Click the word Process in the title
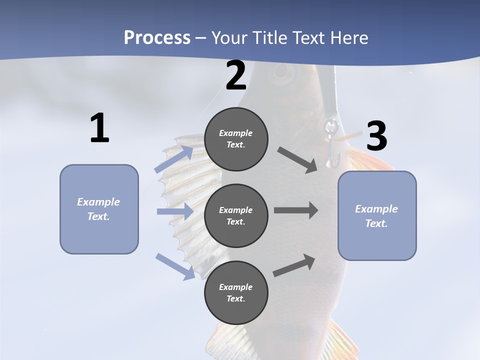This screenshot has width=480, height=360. coord(157,38)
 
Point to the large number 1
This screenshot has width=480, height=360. coord(100,127)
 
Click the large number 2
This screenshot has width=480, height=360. coord(236,75)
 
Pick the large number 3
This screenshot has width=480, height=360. coord(377,135)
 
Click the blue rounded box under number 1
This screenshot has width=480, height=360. coord(99,209)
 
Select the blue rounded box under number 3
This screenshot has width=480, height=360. coord(377,216)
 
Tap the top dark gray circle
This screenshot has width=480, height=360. coord(236,139)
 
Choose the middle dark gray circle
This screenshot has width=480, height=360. coord(236,216)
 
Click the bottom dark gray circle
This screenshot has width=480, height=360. coord(236,292)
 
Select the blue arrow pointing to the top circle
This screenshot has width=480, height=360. coord(174,159)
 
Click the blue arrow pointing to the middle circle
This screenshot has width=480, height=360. coord(175,211)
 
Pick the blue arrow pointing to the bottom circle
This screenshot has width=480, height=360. coord(175,266)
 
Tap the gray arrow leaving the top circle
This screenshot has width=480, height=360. coord(297,160)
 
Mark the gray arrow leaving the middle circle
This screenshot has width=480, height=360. coord(296,210)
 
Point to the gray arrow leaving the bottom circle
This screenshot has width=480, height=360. coord(294,265)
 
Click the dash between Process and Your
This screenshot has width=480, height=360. coord(201,39)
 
